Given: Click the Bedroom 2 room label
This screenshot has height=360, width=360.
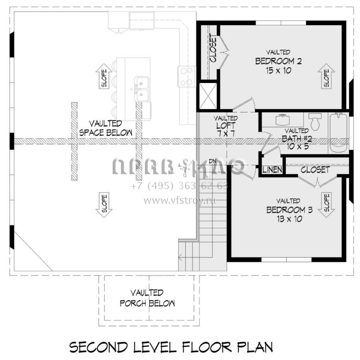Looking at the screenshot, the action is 278,61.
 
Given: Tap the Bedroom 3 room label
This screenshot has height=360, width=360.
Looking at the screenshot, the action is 289,210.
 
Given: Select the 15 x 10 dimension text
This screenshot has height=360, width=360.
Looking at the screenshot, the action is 278,70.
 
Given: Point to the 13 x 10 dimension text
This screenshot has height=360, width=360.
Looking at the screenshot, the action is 289,219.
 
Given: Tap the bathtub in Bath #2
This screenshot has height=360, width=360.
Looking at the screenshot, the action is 338,133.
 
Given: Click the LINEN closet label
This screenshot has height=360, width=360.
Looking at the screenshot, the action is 272,170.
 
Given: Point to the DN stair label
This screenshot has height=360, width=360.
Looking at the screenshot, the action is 213,161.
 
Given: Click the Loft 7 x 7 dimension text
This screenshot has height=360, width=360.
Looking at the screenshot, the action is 226,133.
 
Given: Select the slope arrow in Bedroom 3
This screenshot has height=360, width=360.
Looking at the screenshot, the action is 326,204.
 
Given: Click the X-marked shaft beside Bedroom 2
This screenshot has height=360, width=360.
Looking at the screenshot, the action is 208,96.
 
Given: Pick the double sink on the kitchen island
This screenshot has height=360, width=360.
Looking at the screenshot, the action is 141,89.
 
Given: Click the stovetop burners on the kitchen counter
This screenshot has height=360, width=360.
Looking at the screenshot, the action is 186,77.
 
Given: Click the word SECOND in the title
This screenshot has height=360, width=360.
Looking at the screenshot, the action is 99,347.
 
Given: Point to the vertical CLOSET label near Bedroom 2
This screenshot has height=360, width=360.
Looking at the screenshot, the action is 213,49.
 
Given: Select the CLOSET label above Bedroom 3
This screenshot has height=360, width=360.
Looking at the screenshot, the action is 315,170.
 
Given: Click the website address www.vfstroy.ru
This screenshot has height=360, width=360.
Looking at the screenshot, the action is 180,201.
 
